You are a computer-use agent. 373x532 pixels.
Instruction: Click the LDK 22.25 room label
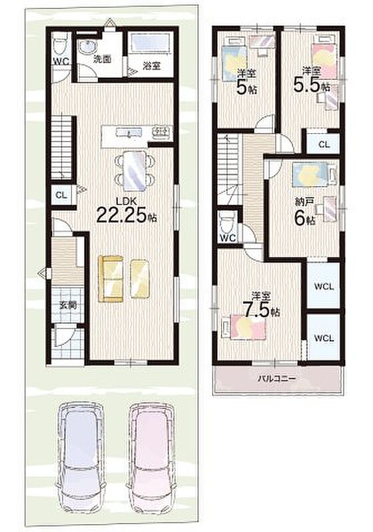127,210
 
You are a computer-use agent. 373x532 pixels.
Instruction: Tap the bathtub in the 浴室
150,43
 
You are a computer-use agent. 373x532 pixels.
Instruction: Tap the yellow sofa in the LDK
111,279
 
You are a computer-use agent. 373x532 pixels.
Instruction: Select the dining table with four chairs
135,171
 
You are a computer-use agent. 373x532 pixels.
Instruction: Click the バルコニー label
278,378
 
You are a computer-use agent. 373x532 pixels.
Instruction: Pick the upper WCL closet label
324,287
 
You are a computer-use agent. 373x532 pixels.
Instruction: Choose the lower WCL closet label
324,338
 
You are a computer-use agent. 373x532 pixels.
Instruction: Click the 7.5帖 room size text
260,310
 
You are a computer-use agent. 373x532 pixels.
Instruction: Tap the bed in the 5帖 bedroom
234,59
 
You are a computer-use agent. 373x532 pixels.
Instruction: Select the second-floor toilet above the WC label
227,221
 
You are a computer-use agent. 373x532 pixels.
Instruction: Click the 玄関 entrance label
67,305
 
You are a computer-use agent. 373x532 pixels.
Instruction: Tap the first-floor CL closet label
61,195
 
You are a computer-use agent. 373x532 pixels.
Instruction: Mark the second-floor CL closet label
324,144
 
